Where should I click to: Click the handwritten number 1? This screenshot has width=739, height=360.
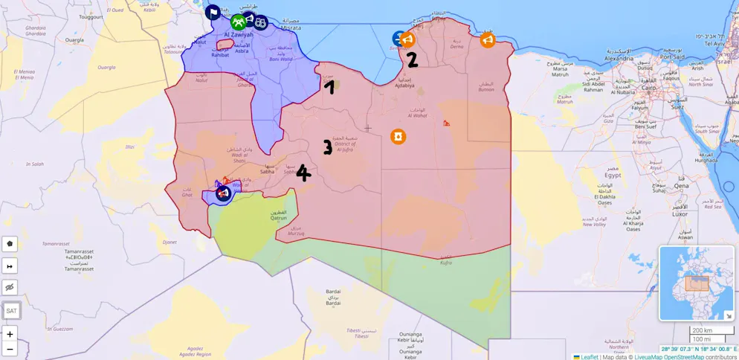click(x=329, y=87)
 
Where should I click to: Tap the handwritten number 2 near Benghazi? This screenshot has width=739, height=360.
click(x=412, y=60)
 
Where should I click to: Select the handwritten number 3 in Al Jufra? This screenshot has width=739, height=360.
click(x=327, y=147)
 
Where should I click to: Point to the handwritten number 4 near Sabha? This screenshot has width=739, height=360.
click(x=303, y=173)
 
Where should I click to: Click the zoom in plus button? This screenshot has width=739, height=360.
click(x=10, y=334)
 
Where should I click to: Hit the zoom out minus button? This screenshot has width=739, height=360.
click(x=10, y=349)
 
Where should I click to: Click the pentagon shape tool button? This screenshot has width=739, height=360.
click(x=10, y=243)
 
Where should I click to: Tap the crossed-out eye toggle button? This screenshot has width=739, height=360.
click(x=10, y=287)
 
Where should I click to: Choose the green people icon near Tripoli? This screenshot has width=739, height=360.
click(x=238, y=22)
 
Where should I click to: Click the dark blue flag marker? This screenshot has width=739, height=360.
click(x=213, y=13)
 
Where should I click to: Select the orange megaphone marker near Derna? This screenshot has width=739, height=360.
click(x=488, y=40)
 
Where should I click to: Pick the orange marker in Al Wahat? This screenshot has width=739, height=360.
click(x=398, y=137)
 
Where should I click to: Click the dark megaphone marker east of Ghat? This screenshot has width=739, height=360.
click(x=222, y=194)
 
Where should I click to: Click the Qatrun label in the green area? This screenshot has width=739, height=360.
click(x=278, y=217)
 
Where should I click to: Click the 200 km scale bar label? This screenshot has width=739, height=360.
click(x=701, y=330)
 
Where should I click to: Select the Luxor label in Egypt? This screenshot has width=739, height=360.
click(x=680, y=213)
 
